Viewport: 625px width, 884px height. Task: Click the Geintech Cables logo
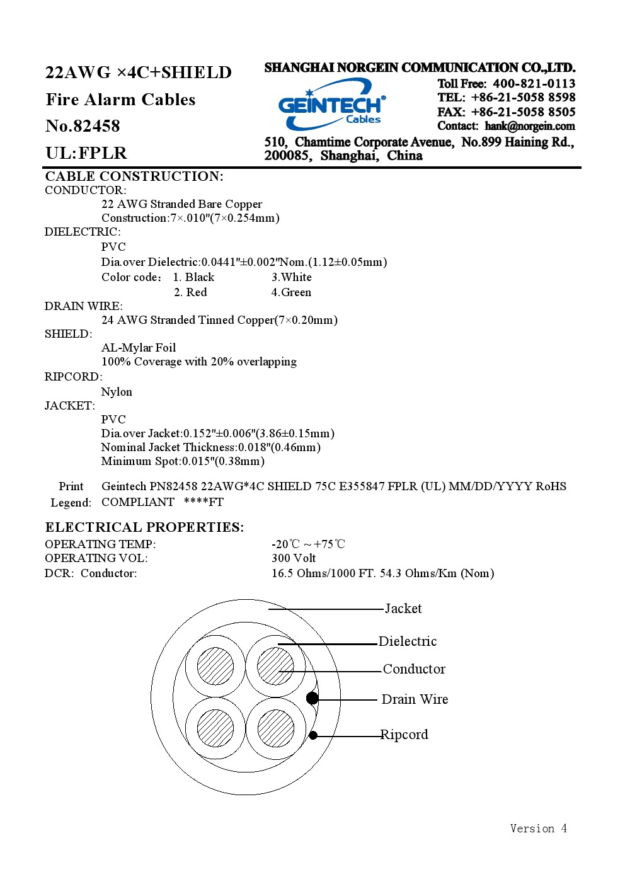click(331, 104)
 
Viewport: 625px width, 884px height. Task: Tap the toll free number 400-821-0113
click(534, 84)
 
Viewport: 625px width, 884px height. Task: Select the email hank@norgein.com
click(529, 126)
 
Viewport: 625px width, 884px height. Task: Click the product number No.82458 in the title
click(83, 126)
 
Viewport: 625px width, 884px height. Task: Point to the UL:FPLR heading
click(86, 152)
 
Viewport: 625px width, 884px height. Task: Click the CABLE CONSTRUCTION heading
click(134, 176)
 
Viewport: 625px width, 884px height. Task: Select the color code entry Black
click(193, 277)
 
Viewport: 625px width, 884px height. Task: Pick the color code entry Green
click(291, 292)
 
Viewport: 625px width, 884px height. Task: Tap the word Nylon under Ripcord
click(117, 393)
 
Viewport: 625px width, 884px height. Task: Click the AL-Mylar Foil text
click(139, 348)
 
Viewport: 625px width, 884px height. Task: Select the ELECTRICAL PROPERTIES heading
click(144, 527)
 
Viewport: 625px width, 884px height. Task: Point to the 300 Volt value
click(294, 558)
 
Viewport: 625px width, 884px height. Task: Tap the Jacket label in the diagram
click(403, 609)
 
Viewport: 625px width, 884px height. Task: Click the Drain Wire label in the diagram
click(415, 699)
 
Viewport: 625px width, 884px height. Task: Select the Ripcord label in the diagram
click(404, 735)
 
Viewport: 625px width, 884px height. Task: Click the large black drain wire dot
click(312, 698)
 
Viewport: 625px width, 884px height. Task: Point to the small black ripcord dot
click(313, 735)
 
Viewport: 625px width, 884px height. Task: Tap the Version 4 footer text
click(538, 829)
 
